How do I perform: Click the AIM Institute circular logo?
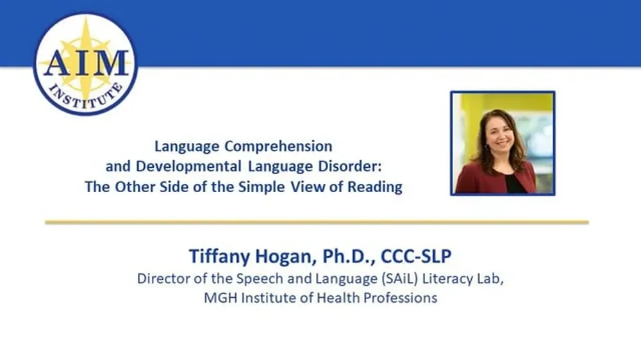85,63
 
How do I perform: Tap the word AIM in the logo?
85,63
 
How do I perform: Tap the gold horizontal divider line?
317,222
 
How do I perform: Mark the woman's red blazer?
478,179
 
